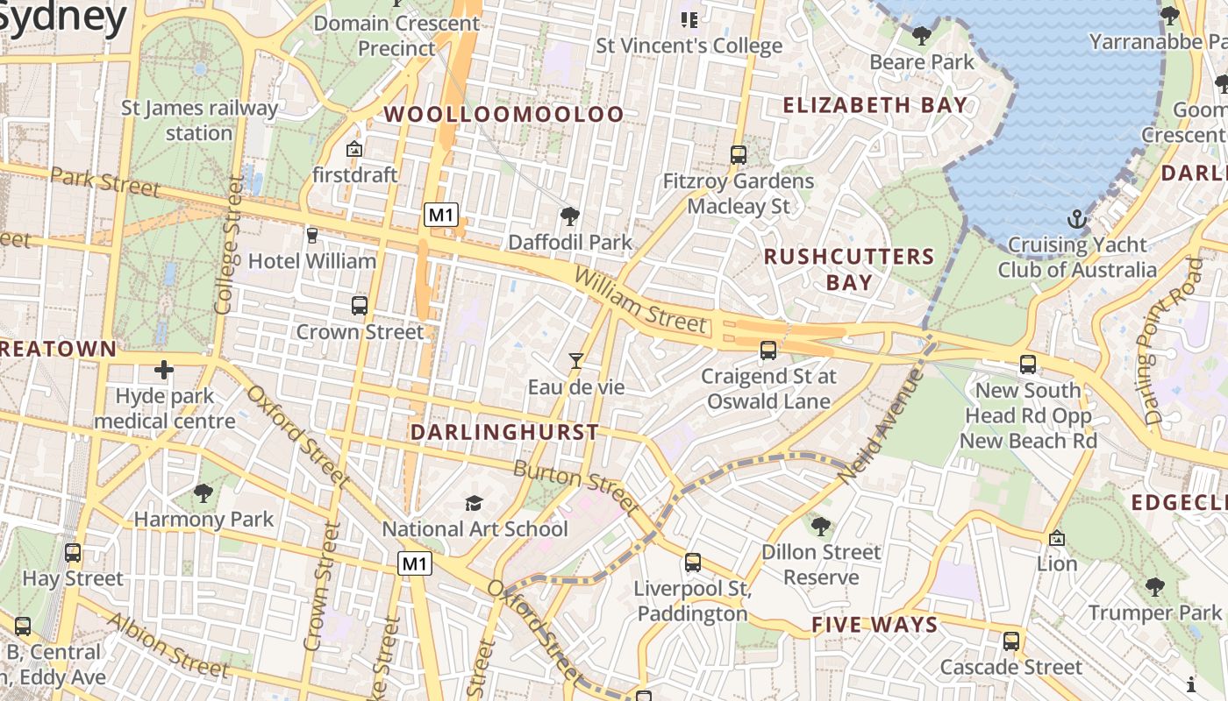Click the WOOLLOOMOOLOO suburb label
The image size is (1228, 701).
(504, 114)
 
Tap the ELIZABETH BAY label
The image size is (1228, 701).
(875, 106)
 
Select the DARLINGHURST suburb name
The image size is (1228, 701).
(505, 432)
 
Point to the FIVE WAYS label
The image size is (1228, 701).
(875, 625)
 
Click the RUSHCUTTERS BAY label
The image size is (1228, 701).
(849, 269)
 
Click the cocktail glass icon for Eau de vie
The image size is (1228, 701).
(575, 360)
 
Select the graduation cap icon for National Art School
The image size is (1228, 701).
(474, 503)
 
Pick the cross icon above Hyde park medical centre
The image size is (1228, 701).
(164, 370)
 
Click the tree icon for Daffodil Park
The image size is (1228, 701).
(570, 216)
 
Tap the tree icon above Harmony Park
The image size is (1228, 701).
(203, 493)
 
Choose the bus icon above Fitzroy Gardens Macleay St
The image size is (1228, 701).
(739, 155)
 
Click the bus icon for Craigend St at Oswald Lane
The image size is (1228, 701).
(768, 350)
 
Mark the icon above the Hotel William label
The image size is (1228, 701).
(311, 235)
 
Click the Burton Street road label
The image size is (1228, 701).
(576, 487)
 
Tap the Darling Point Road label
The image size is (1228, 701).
(1172, 342)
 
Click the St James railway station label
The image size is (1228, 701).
(199, 121)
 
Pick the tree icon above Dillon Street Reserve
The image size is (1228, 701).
(821, 527)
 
